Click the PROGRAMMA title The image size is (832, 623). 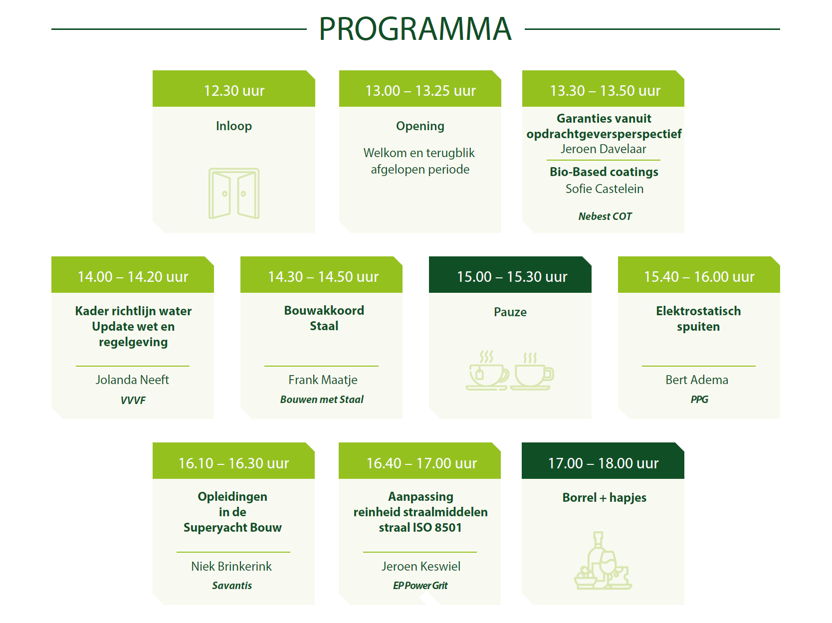point(415,29)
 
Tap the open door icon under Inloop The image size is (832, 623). point(233,193)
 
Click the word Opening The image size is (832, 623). point(420,126)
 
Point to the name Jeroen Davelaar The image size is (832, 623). point(603,149)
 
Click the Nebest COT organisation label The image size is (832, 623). point(605,216)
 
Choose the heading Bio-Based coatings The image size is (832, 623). point(604,172)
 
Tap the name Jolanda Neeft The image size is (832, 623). point(132,380)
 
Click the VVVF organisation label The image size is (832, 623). point(133,400)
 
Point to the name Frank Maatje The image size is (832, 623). point(323,380)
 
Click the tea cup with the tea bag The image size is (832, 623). point(487,370)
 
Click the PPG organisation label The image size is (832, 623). point(699,400)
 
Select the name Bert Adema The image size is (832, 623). point(697,380)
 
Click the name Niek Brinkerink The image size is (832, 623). point(231,566)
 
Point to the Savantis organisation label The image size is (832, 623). point(231,586)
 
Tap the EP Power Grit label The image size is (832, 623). point(420,586)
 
